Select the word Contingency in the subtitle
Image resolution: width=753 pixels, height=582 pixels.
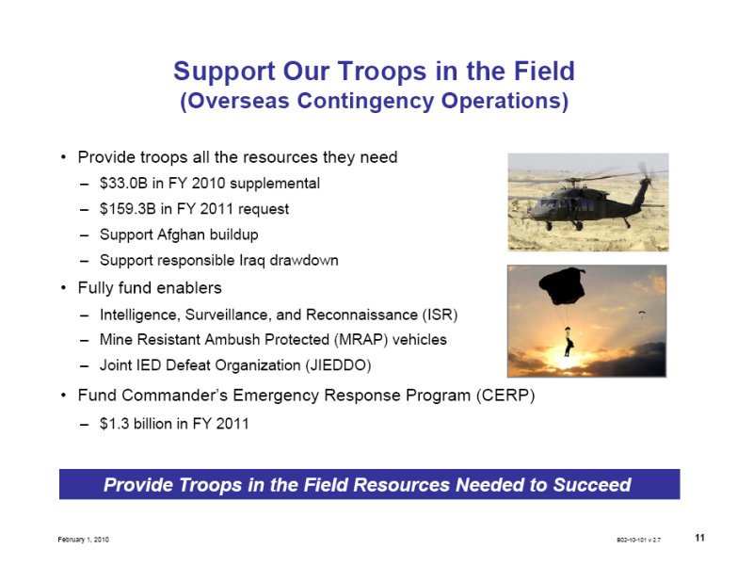365,101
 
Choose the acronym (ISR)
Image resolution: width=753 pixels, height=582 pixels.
440,315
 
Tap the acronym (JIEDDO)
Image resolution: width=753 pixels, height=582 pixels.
338,365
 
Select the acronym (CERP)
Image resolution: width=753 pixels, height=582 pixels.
505,395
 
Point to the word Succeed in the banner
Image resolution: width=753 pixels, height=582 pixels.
592,484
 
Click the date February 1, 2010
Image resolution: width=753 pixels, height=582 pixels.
83,540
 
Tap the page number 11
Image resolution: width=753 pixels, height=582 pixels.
699,538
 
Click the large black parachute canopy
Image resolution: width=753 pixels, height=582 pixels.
563,285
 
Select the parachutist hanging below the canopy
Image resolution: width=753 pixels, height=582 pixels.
569,342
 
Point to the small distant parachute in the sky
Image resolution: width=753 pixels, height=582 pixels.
642,314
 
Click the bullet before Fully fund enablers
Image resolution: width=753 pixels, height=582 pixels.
63,288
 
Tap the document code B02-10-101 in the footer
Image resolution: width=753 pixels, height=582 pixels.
638,540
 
